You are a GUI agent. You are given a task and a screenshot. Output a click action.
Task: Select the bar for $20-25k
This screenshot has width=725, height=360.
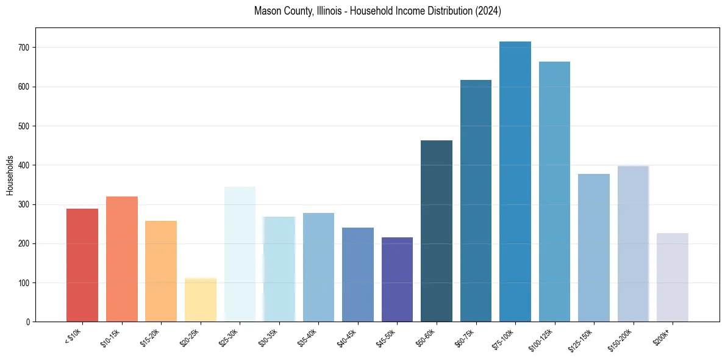click(x=201, y=300)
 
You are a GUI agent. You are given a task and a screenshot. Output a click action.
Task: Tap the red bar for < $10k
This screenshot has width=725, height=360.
click(x=82, y=265)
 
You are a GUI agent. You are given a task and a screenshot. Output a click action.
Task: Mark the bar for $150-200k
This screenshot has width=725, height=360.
click(x=633, y=243)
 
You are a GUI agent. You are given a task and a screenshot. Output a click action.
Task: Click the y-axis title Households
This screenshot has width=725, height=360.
click(x=10, y=175)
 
